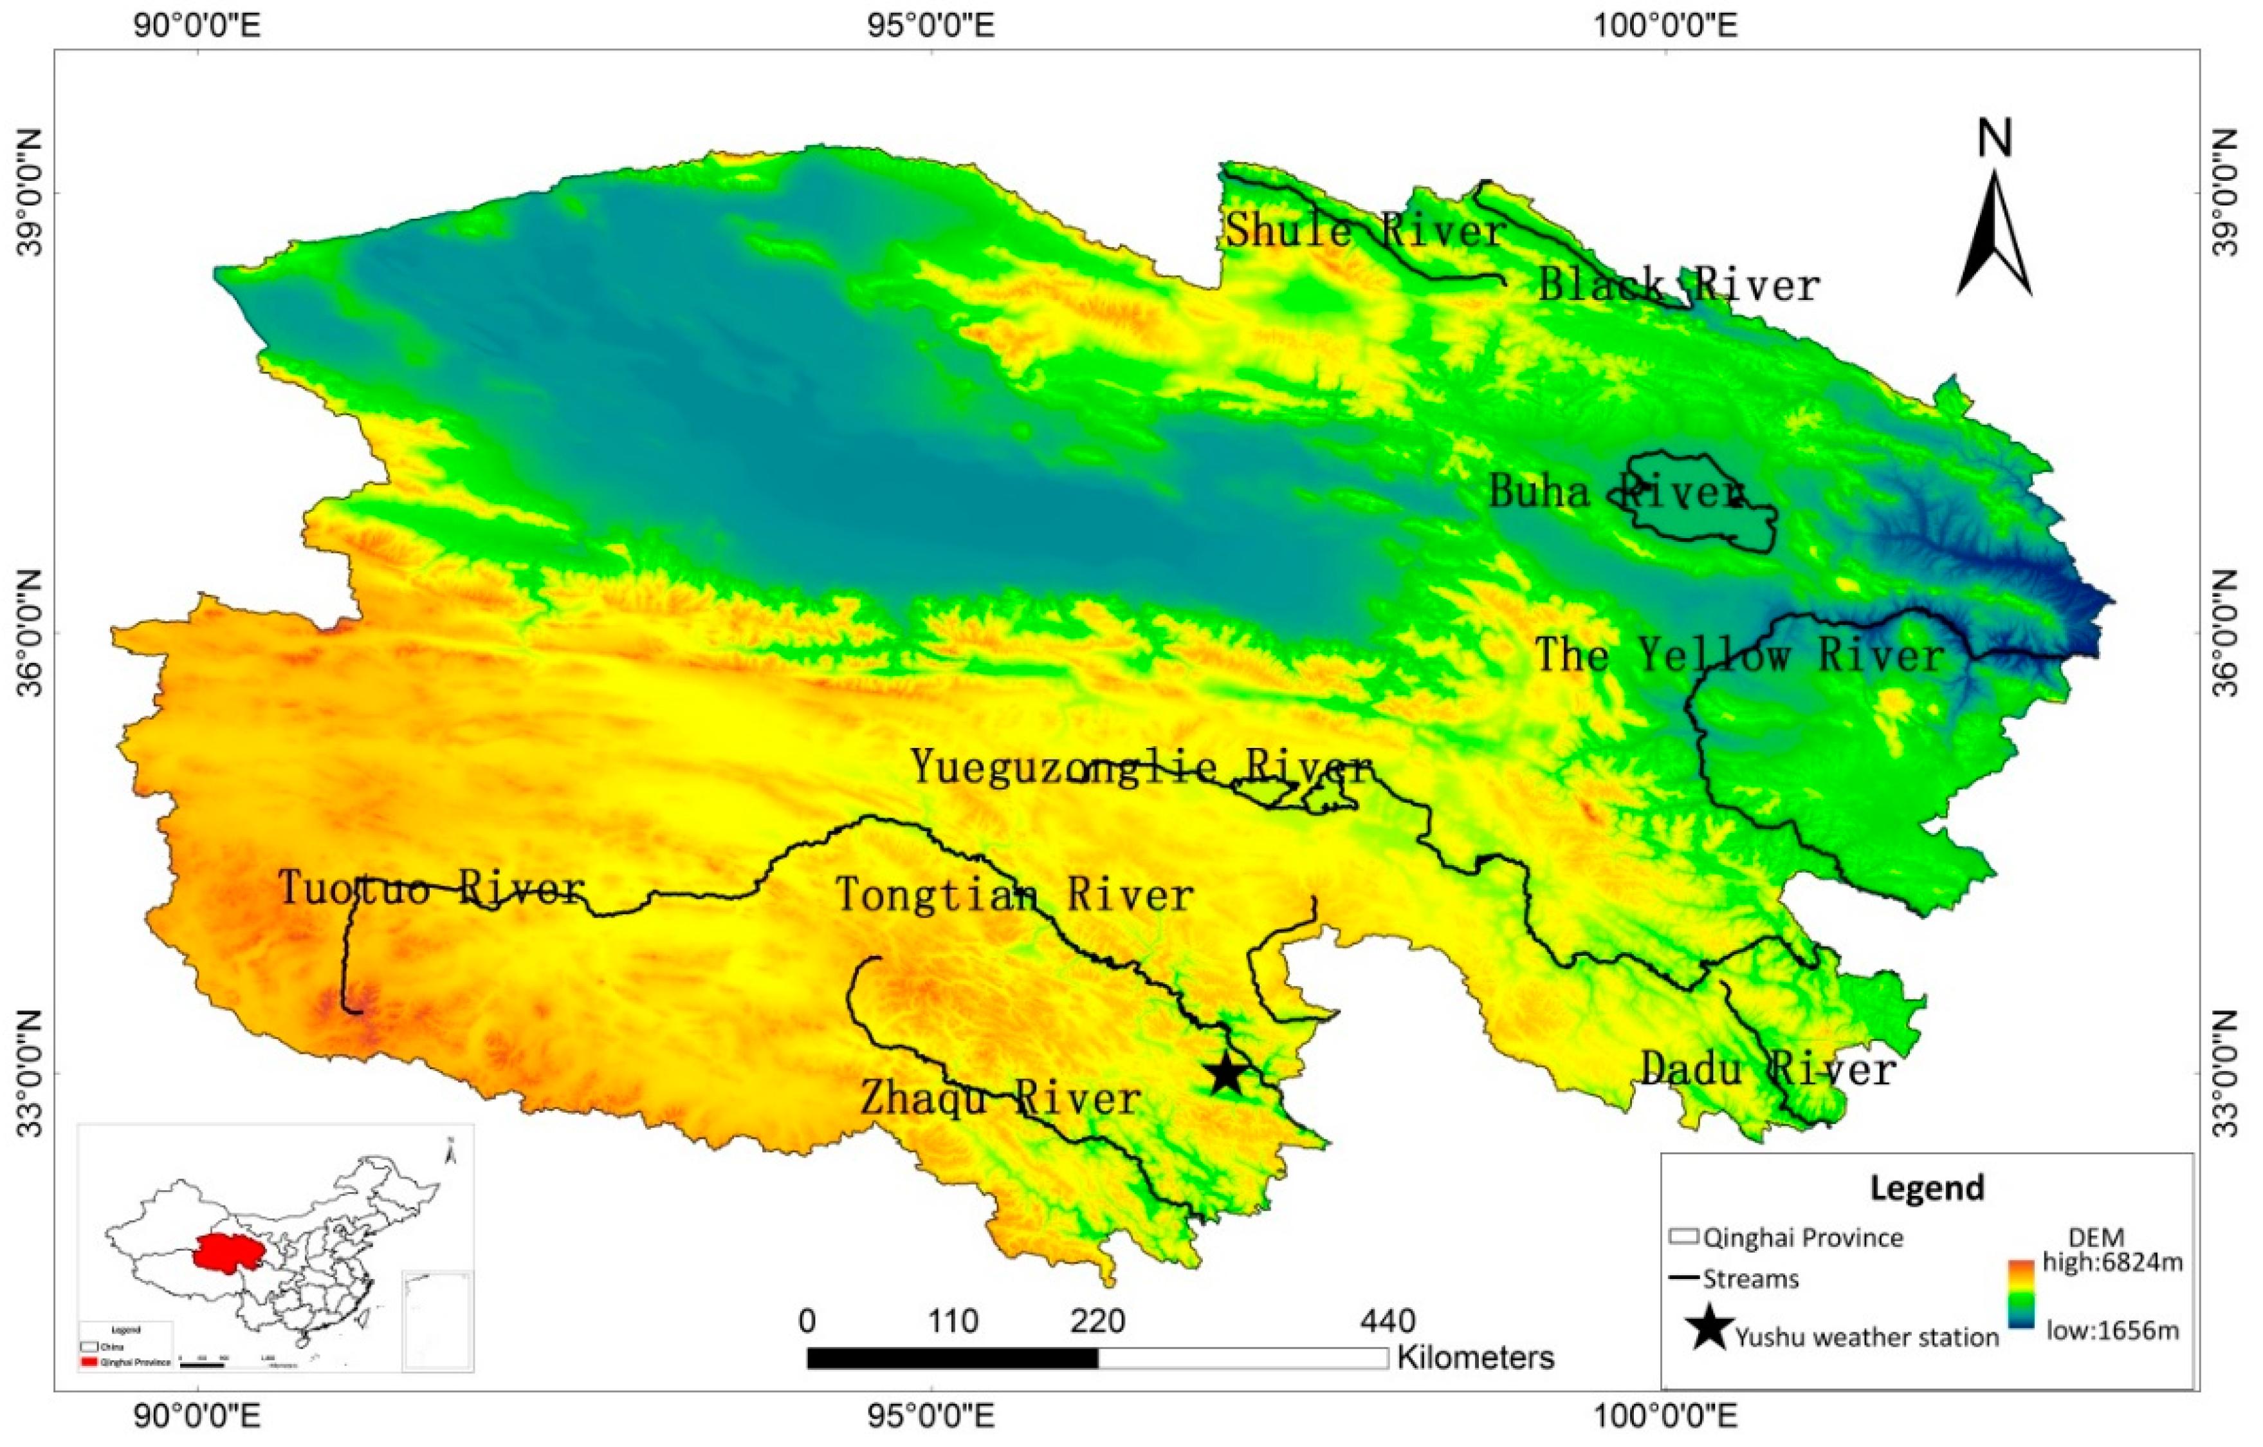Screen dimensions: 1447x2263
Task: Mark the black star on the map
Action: pyautogui.click(x=1225, y=1075)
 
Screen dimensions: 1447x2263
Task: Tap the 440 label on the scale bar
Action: pyautogui.click(x=1388, y=1321)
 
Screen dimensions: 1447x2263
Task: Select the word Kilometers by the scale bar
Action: pyautogui.click(x=1476, y=1357)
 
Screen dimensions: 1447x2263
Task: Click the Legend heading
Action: pyautogui.click(x=1927, y=1188)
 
